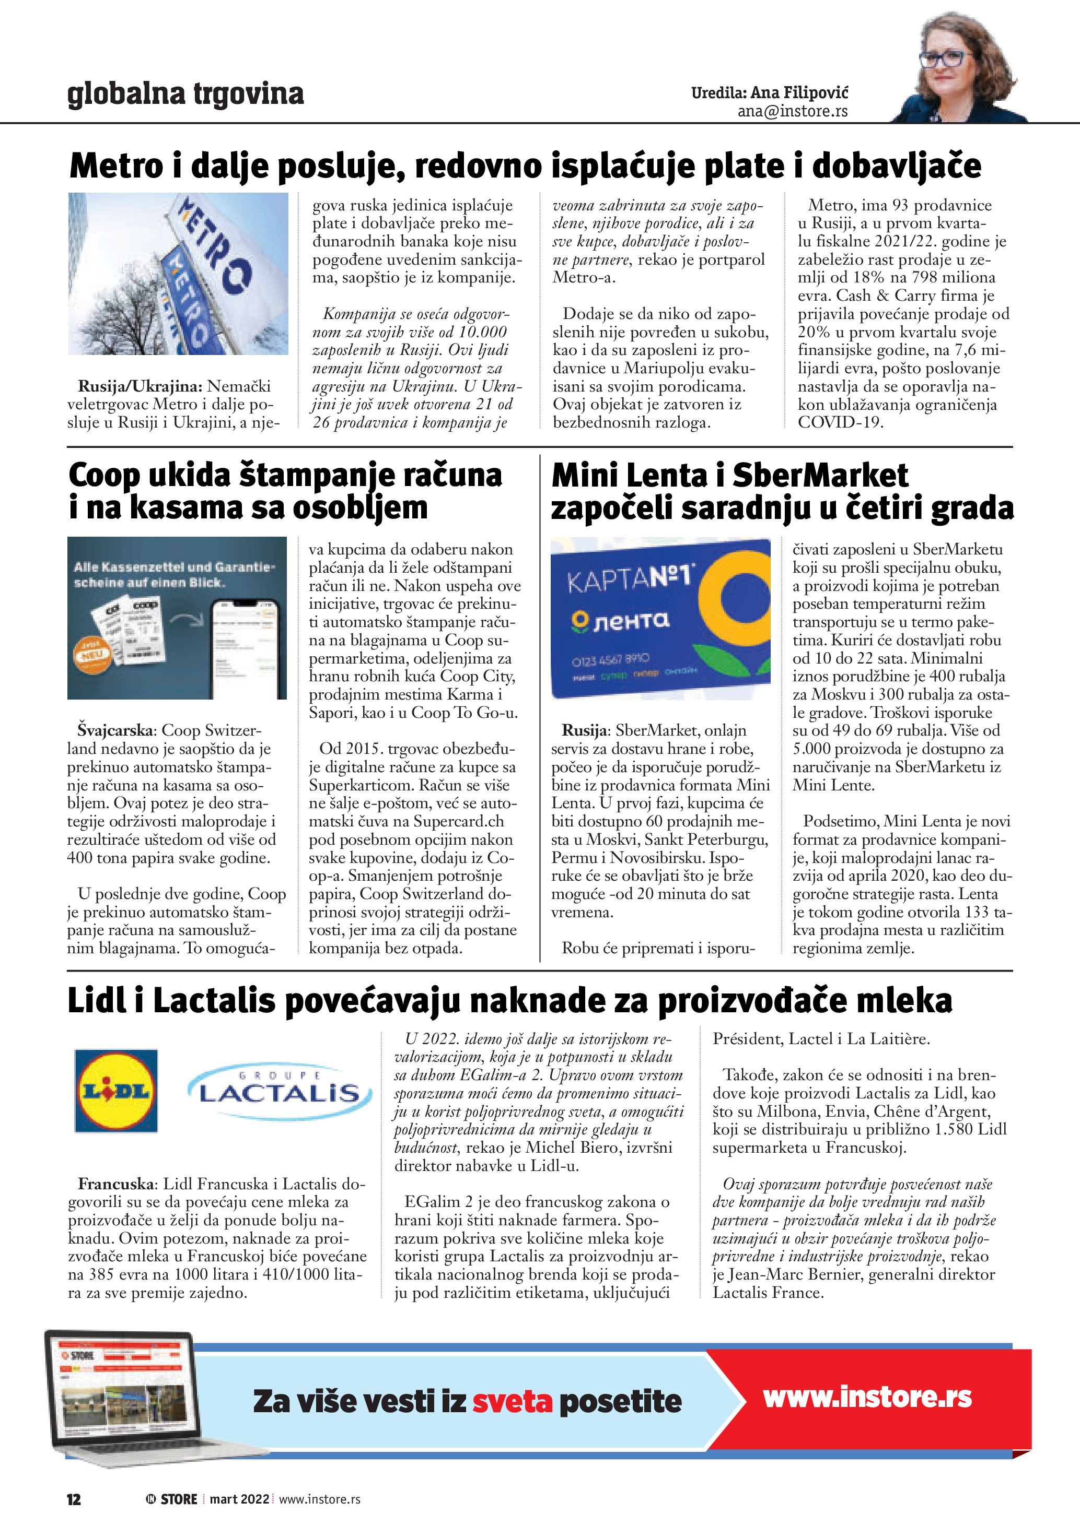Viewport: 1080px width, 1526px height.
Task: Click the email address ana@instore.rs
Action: [792, 112]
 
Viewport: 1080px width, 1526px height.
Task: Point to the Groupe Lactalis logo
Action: [280, 1091]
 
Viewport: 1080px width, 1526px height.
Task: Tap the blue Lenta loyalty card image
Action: [660, 618]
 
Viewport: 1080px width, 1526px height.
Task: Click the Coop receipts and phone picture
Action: [177, 618]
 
